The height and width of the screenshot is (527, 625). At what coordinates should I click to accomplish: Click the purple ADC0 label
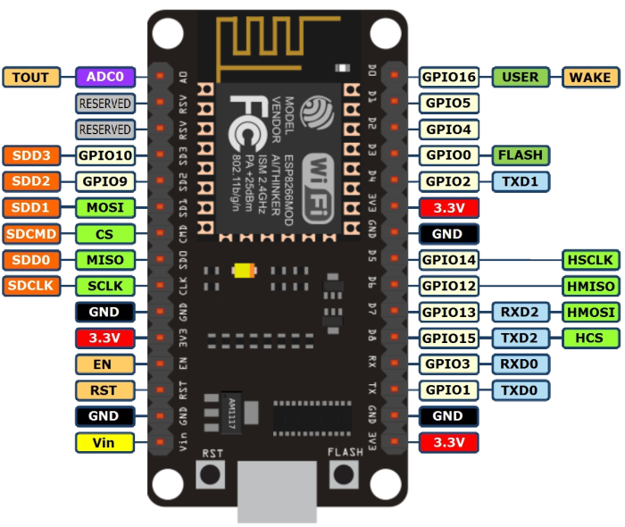(x=105, y=77)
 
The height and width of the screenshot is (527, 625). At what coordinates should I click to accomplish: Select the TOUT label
(x=31, y=77)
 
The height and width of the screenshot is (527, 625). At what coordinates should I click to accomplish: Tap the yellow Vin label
(x=105, y=441)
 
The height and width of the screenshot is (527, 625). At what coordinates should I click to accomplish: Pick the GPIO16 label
(x=449, y=77)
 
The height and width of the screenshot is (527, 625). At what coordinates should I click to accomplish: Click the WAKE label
(x=590, y=77)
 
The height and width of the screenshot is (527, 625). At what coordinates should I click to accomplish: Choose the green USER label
(x=521, y=77)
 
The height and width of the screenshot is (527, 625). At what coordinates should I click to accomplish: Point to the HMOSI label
(x=590, y=312)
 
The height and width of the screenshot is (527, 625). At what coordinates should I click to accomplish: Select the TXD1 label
(x=521, y=181)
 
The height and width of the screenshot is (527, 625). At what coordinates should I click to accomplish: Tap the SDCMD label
(x=31, y=234)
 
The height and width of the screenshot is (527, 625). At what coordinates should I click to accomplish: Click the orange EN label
(x=105, y=364)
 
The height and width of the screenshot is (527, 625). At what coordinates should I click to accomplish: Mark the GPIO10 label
(x=105, y=155)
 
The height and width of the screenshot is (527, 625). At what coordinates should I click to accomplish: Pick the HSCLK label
(x=590, y=260)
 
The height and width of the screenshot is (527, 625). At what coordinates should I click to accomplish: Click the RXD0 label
(x=521, y=364)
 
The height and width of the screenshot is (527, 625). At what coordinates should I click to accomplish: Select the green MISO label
(x=105, y=260)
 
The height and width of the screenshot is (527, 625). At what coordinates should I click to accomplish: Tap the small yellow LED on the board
(x=241, y=270)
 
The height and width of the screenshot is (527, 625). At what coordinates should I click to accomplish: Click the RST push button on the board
(x=211, y=474)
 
